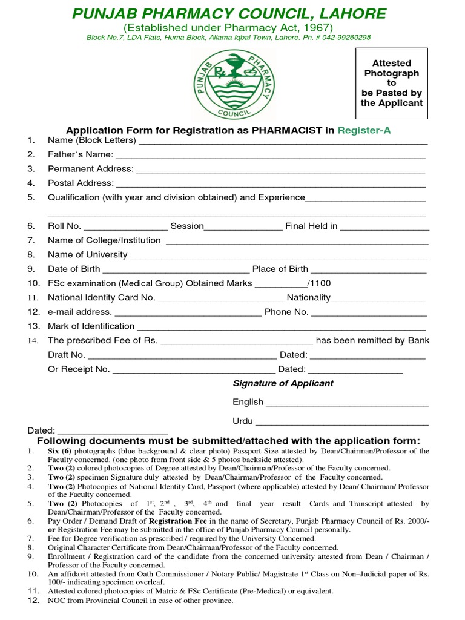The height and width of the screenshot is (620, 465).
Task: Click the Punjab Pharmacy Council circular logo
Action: coord(232,85)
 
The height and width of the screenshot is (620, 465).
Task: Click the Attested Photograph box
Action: coord(392,83)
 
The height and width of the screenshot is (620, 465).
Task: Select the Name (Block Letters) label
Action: coord(92,141)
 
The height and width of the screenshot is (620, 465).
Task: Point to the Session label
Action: coord(187,226)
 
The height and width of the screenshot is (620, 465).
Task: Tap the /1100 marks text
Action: coord(319,283)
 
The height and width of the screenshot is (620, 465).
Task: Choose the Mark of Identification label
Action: coord(91,326)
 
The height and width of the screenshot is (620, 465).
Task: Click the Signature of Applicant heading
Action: coord(283,383)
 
